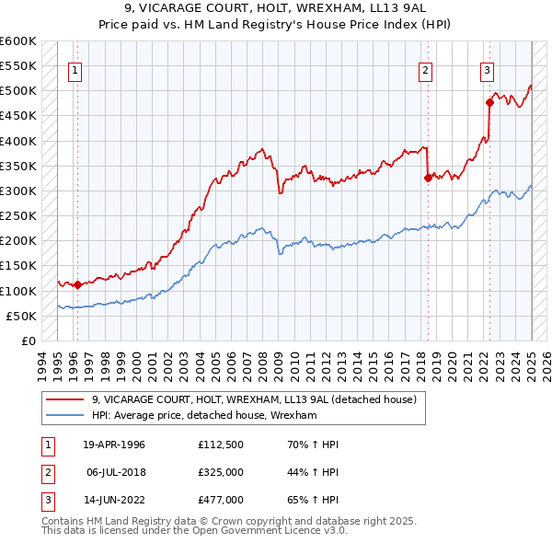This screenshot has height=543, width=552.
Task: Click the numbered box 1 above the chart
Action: (75, 68)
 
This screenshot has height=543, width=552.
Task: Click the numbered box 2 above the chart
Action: (426, 68)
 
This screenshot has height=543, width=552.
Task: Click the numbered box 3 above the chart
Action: (487, 68)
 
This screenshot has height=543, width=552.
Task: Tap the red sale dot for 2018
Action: (428, 179)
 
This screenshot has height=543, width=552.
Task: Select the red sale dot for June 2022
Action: (489, 103)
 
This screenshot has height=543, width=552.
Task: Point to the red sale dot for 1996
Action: (77, 284)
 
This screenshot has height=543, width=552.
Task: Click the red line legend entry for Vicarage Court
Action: (254, 399)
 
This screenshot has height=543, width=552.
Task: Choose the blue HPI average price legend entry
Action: (204, 416)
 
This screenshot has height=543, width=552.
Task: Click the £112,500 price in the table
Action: (220, 445)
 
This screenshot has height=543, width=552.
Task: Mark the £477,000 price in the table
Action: (220, 502)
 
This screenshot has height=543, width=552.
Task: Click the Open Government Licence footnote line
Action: (195, 531)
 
